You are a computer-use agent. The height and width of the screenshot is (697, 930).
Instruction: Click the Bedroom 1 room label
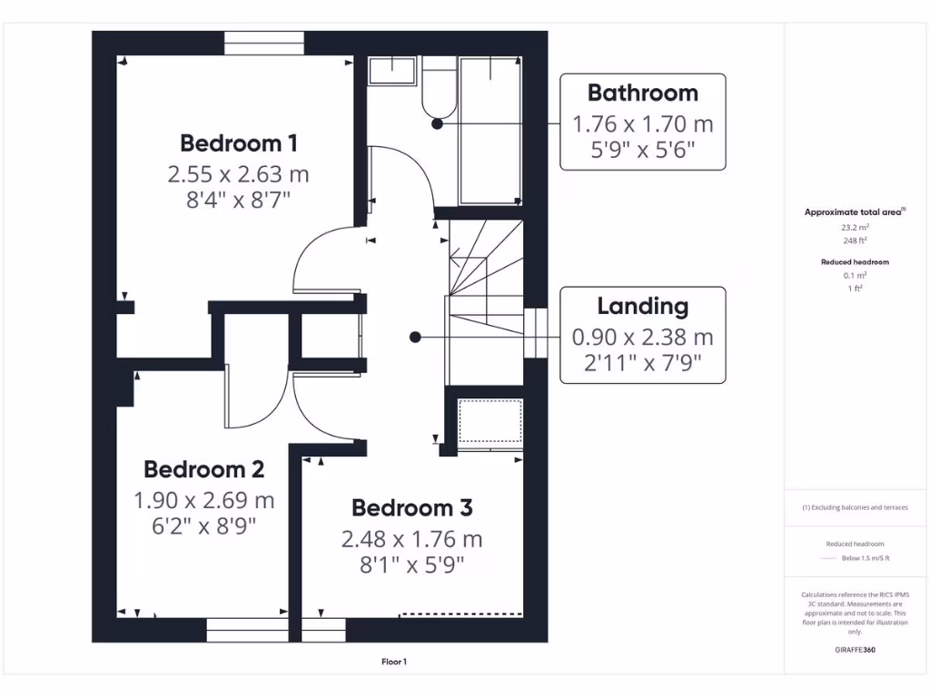[x=238, y=142]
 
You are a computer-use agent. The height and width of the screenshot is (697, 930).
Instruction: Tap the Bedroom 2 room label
[x=203, y=469]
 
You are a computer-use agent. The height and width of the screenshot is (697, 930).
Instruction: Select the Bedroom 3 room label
[x=411, y=507]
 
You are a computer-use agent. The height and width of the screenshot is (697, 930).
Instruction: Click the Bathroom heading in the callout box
[x=642, y=93]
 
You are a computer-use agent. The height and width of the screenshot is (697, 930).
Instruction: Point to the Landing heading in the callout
[x=642, y=306]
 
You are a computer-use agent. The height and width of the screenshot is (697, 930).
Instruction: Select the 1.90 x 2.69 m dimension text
[x=203, y=499]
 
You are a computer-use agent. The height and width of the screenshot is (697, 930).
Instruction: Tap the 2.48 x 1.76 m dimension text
[x=411, y=539]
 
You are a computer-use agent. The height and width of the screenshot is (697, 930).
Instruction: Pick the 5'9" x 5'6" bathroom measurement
[x=642, y=151]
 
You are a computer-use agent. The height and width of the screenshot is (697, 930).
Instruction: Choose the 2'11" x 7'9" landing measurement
[x=642, y=365]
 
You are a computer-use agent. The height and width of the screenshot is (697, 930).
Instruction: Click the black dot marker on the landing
[x=415, y=337]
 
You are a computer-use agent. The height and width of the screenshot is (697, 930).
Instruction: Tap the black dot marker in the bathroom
[x=437, y=124]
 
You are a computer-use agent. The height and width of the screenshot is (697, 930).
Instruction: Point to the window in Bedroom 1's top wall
[x=264, y=44]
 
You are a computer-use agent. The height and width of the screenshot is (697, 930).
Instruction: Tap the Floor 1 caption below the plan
[x=393, y=663]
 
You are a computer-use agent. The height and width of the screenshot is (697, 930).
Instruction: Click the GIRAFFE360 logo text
[x=855, y=650]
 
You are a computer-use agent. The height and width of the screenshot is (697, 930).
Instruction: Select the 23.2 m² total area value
[x=854, y=229]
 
